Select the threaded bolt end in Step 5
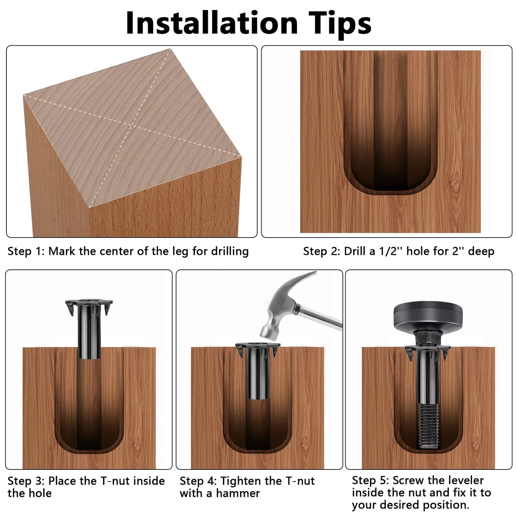coord(429,426)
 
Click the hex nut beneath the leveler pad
coord(428,338)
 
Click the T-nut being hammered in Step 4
coord(258,370)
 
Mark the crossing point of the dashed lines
coord(132,125)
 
